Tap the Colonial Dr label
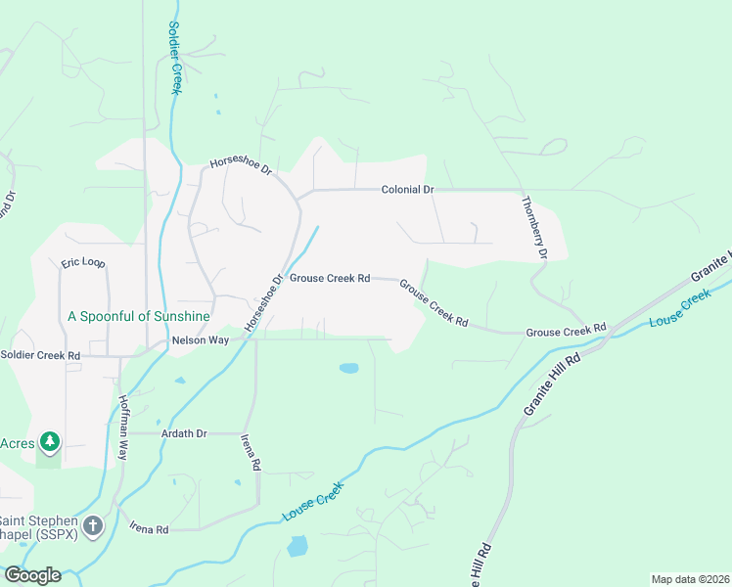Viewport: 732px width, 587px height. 407,189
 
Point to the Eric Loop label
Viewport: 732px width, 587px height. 82,263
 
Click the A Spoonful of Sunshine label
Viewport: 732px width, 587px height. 138,316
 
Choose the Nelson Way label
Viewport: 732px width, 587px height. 200,340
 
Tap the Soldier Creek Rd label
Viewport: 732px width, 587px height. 40,355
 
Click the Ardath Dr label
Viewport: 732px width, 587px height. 189,432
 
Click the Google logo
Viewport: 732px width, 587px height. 32,574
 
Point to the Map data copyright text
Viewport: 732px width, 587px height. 690,579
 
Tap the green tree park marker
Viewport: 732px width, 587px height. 49,443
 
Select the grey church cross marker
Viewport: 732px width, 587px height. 93,526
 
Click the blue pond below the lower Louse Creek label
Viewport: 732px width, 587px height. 297,546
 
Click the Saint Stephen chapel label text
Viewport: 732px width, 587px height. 39,526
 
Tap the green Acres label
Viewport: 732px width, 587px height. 17,443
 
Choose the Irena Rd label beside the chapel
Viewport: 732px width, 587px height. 149,528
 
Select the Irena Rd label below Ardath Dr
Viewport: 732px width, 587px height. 251,456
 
